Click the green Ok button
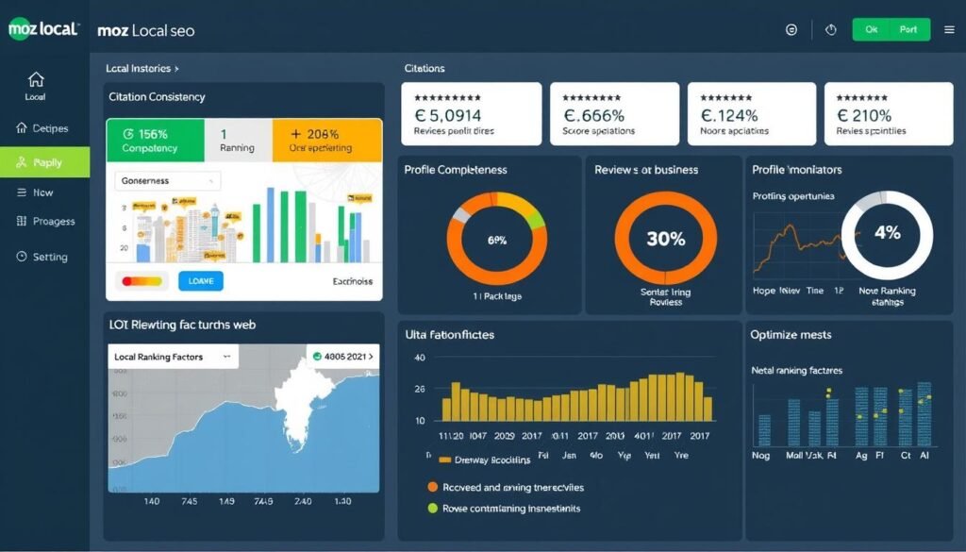point(872,29)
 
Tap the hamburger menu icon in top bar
point(949,30)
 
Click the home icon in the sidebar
point(36,79)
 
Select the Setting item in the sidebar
point(42,257)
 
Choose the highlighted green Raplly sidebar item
point(44,162)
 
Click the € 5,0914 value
point(454,115)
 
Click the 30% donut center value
point(665,239)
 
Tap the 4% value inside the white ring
point(887,232)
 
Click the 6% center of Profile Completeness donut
point(496,240)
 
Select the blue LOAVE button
point(201,280)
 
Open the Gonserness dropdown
point(166,180)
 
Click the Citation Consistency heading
point(157,97)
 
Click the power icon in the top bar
point(831,30)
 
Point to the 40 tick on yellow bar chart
point(420,358)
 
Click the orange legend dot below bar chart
point(433,488)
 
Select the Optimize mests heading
point(790,335)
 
